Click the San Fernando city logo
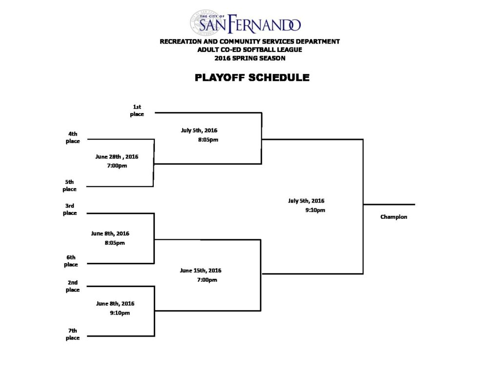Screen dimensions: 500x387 pyautogui.click(x=245, y=23)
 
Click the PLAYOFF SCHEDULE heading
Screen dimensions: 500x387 pyautogui.click(x=252, y=78)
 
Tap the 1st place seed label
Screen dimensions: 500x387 pyautogui.click(x=137, y=110)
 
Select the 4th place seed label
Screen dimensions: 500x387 pyautogui.click(x=73, y=137)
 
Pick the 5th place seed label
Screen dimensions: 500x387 pyautogui.click(x=69, y=185)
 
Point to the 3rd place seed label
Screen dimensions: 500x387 pyautogui.click(x=70, y=209)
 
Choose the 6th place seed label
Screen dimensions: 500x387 pyautogui.click(x=71, y=261)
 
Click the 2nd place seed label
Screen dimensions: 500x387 pyautogui.click(x=73, y=286)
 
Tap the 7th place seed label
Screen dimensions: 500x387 pyautogui.click(x=73, y=334)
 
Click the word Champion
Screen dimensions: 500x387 pyautogui.click(x=394, y=217)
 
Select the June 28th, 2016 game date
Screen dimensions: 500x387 pyautogui.click(x=117, y=157)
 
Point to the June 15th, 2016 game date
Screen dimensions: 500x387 pyautogui.click(x=201, y=271)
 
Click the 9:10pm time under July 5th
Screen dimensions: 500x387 pyautogui.click(x=315, y=210)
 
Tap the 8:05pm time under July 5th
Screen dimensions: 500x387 pyautogui.click(x=208, y=139)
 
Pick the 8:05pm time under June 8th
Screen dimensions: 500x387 pyautogui.click(x=114, y=243)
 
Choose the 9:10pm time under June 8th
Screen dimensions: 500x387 pyautogui.click(x=120, y=313)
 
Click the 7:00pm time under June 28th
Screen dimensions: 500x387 pyautogui.click(x=117, y=165)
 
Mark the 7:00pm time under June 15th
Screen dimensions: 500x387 pyautogui.click(x=207, y=280)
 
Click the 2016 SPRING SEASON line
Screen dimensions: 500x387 pyautogui.click(x=250, y=58)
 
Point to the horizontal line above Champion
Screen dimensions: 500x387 pyautogui.click(x=389, y=205)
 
